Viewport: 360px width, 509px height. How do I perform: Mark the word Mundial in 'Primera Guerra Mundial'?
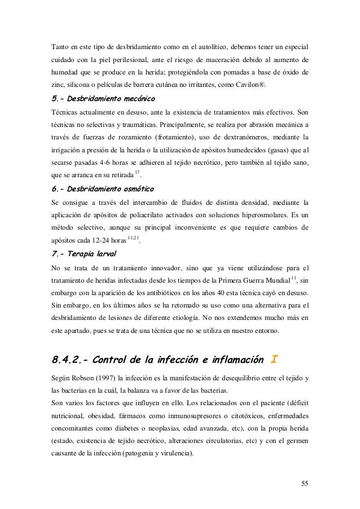pos(274,280)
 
